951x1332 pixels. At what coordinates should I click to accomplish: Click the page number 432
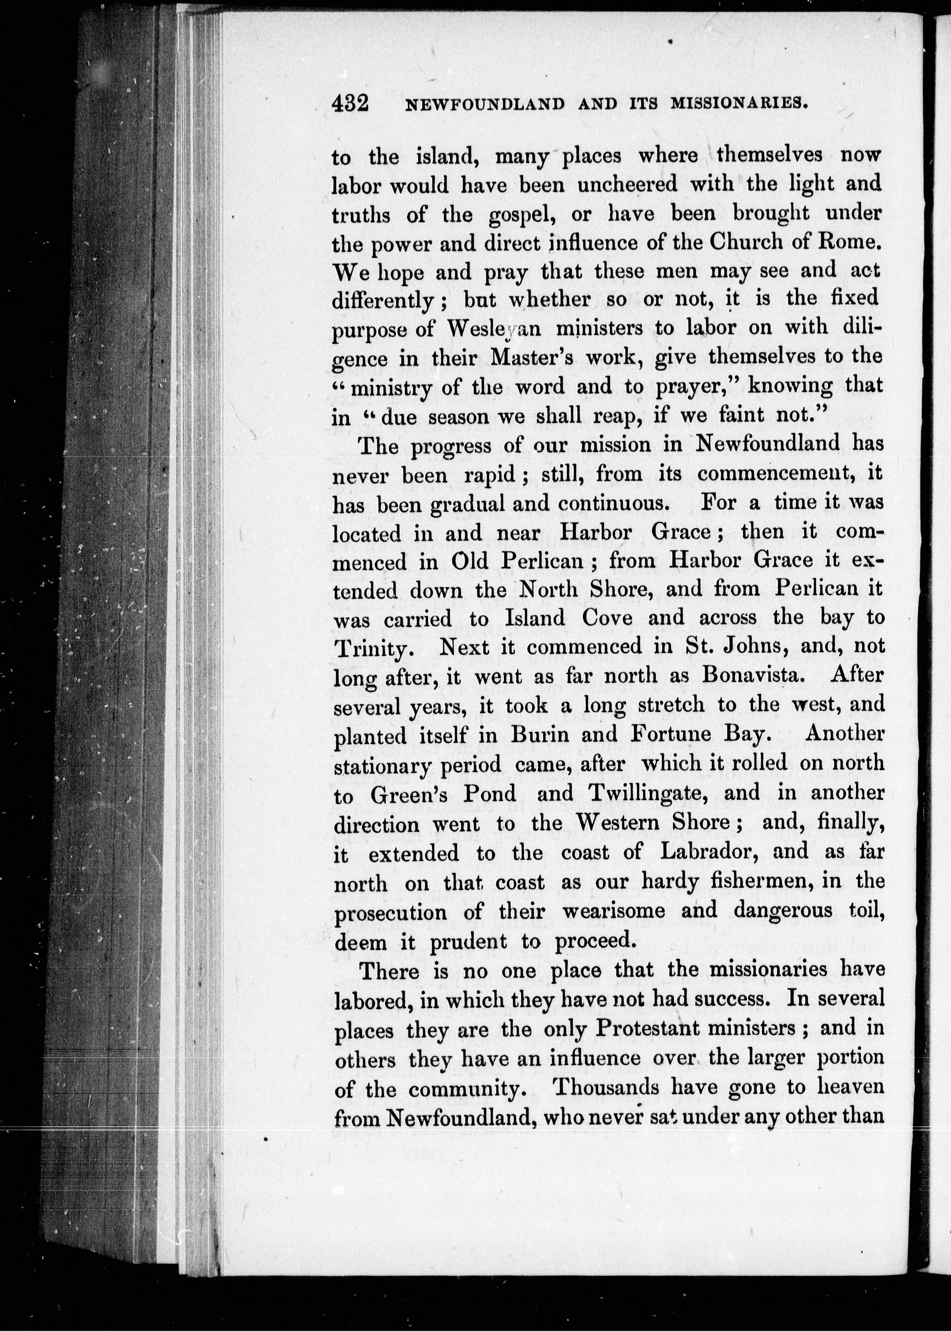pyautogui.click(x=350, y=105)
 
